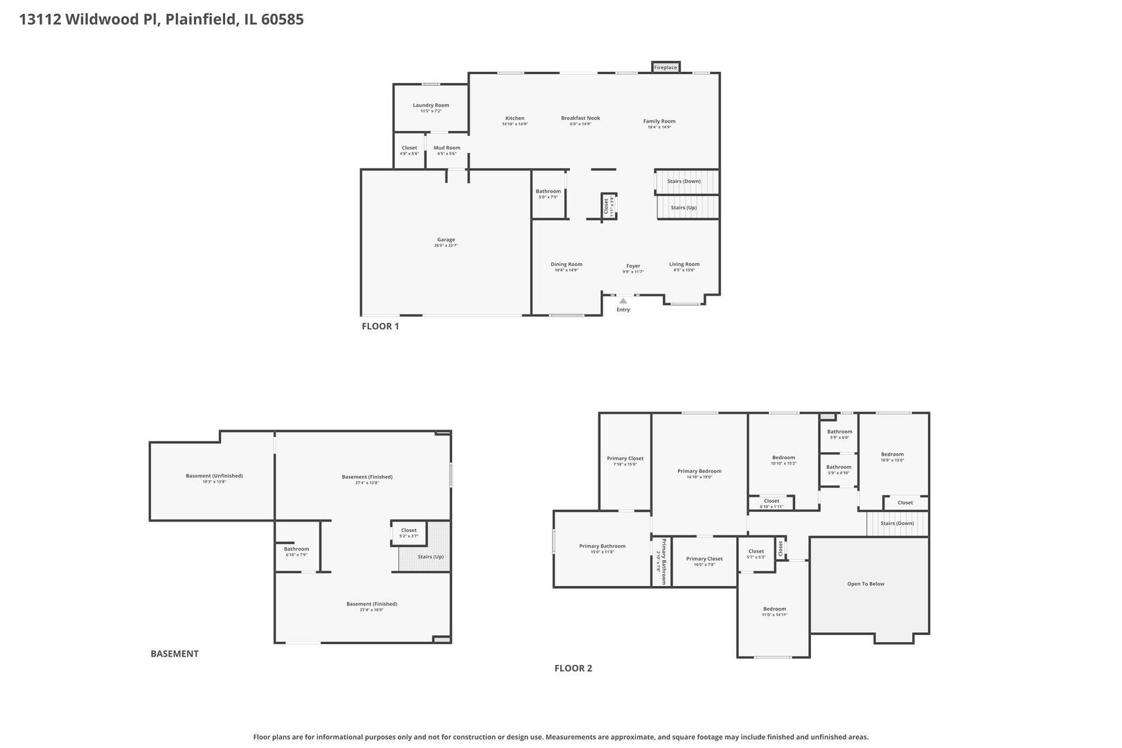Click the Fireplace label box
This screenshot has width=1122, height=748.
click(666, 67)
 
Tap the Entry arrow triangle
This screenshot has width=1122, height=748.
click(623, 301)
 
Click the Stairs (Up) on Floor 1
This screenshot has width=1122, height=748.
click(684, 207)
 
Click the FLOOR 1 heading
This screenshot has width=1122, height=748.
click(380, 326)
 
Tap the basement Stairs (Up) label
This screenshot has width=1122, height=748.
click(430, 557)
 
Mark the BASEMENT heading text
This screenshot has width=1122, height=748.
click(175, 653)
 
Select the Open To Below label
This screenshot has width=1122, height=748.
click(866, 584)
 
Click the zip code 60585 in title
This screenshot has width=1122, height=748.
click(282, 19)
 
